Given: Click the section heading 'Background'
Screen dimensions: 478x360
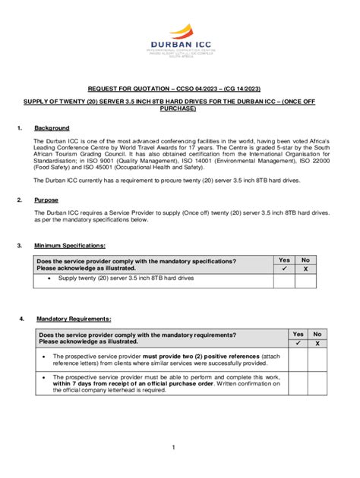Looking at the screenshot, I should [x=52, y=128].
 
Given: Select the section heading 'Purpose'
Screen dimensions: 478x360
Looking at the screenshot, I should [x=46, y=200].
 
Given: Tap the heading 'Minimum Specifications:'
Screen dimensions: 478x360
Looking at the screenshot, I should [x=70, y=246].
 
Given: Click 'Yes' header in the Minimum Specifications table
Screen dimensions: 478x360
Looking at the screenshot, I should [x=284, y=260].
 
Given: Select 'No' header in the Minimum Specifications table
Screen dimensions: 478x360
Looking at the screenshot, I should [x=305, y=260].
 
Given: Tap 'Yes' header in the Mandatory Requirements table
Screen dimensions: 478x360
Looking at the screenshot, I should [x=298, y=334].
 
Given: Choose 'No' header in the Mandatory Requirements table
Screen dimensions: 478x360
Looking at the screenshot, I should [x=317, y=334].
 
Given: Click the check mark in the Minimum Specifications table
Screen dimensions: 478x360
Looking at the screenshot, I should [x=284, y=269].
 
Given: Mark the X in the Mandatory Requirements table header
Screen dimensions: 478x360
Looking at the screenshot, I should [x=317, y=343].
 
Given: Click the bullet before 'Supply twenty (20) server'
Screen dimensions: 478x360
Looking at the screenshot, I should [x=49, y=279].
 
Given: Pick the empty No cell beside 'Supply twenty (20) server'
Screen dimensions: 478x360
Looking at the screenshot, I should [x=305, y=280].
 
